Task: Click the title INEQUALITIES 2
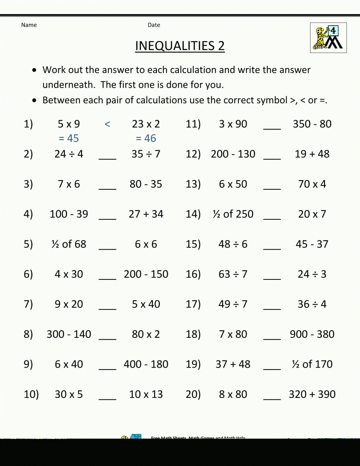[x=180, y=46]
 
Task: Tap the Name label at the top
[x=29, y=25]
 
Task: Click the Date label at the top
[x=154, y=25]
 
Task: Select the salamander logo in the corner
[x=328, y=38]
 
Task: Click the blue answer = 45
[x=68, y=138]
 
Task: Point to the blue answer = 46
[x=146, y=138]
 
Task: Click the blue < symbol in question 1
[x=107, y=124]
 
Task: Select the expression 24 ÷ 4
[x=69, y=154]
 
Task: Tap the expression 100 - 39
[x=69, y=214]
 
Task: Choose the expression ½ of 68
[x=69, y=244]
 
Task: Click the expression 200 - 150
[x=146, y=274]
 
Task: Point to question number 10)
[x=31, y=394]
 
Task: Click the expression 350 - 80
[x=312, y=124]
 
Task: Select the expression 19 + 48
[x=312, y=154]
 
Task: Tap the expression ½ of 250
[x=233, y=214]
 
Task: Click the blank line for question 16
[x=272, y=279]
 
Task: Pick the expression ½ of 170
[x=312, y=364]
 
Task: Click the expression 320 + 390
[x=312, y=394]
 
